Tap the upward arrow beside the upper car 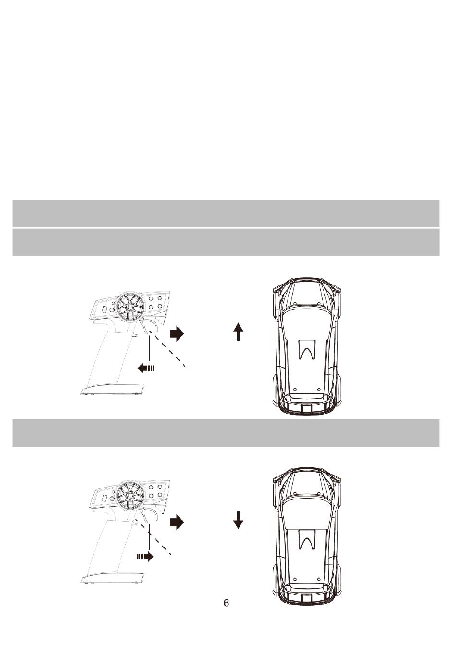click(238, 332)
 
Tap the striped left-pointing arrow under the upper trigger click(146, 368)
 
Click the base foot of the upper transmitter click(112, 390)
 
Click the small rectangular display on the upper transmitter click(104, 309)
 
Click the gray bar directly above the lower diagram click(226, 433)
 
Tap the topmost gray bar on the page click(226, 213)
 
